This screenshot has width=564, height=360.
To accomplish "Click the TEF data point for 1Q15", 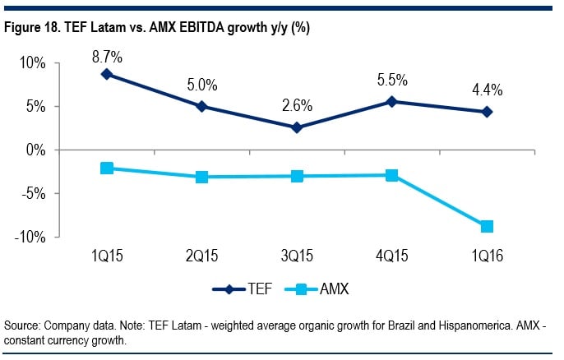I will tap(107, 74).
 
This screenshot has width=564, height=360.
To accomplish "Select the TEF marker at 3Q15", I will tap(297, 127).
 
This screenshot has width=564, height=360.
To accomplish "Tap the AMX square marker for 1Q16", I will tap(487, 226).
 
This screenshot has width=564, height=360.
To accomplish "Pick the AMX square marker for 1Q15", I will tap(107, 168).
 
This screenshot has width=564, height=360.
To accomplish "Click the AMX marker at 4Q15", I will tap(392, 175).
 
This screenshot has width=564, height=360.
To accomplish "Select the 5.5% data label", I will tap(392, 81).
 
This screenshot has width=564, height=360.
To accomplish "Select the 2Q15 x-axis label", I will tap(202, 256).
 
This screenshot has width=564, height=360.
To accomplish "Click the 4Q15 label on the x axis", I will tap(392, 256).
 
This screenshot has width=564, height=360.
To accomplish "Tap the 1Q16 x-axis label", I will tap(487, 256).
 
